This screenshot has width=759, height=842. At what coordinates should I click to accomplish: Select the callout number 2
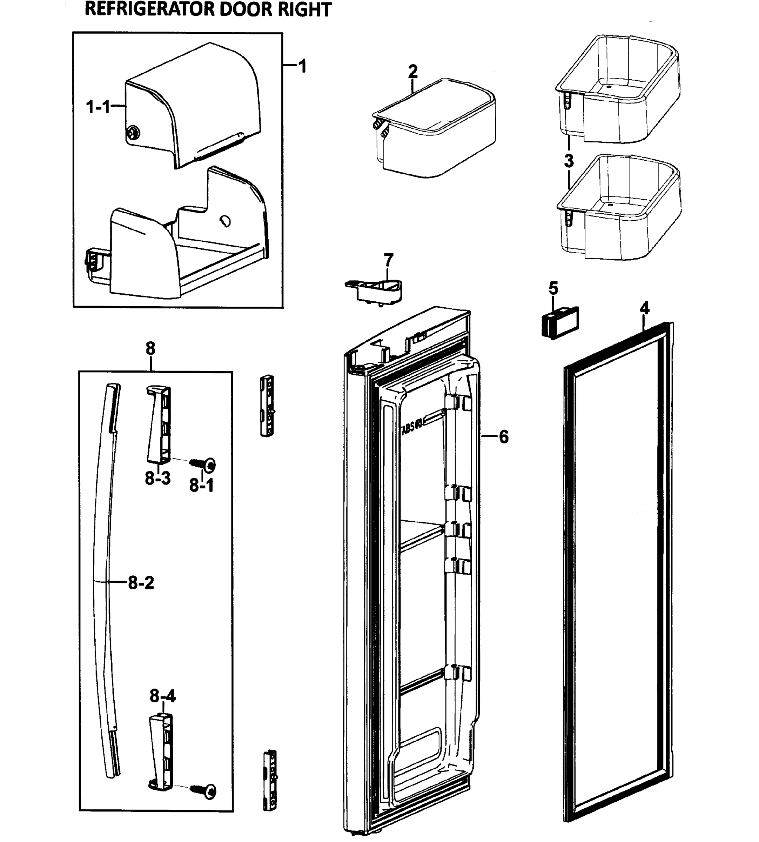click(412, 72)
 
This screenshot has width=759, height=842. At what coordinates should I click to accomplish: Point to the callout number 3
click(569, 161)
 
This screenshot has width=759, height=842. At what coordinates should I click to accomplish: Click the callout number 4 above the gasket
click(644, 308)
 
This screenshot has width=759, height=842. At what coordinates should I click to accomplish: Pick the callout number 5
click(553, 288)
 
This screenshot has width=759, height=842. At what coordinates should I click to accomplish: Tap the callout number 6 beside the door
click(504, 437)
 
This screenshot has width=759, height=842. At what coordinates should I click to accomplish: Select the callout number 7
click(388, 260)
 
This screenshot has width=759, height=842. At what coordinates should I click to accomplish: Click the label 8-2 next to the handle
click(141, 583)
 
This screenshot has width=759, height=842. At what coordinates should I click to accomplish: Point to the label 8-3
click(157, 478)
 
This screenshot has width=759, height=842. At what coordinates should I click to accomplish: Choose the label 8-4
click(163, 696)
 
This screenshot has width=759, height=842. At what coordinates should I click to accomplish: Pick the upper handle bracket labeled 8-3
click(159, 423)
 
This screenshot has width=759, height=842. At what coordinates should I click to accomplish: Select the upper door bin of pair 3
click(617, 90)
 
